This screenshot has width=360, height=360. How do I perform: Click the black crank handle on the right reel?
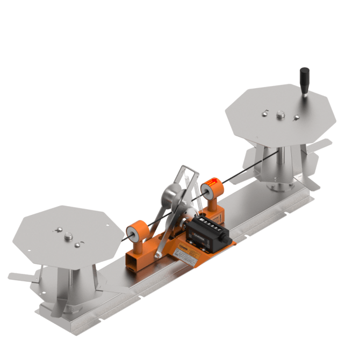(x=305, y=78)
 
